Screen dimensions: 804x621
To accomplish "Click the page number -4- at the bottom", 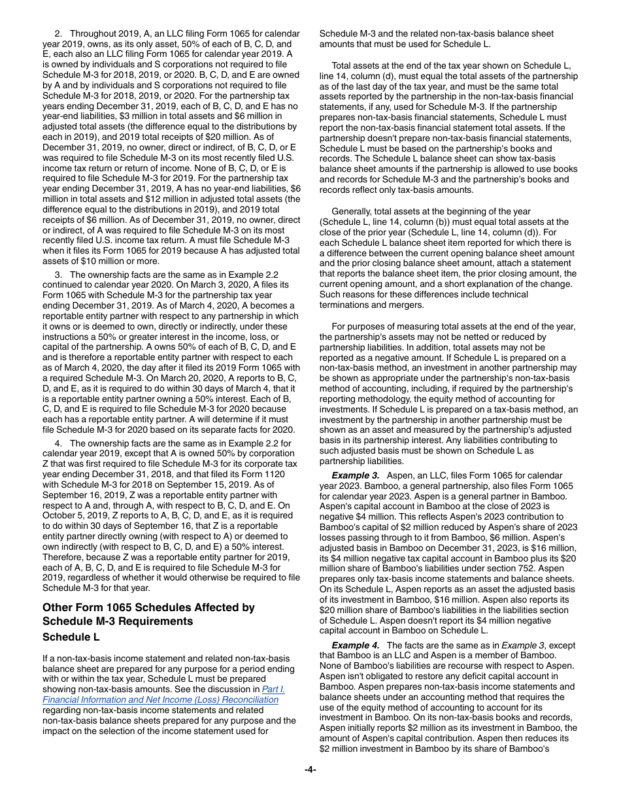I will [310, 769].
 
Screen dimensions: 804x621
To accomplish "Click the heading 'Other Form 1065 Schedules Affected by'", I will [148, 607].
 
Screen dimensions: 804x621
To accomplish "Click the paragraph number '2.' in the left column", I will [58, 33].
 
